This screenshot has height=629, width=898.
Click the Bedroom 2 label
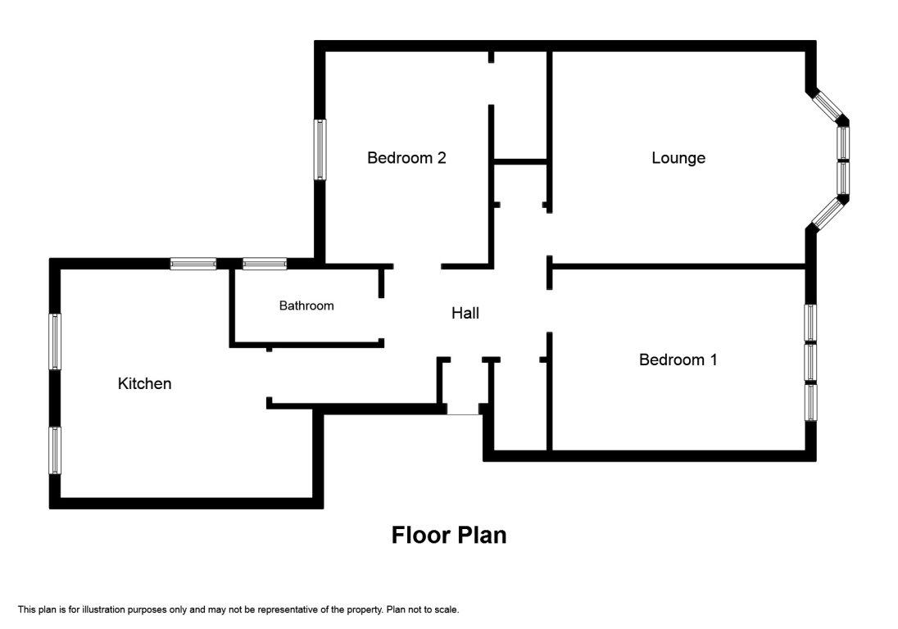tap(406, 158)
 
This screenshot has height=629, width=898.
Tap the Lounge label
tap(678, 158)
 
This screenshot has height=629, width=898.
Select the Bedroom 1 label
tap(678, 360)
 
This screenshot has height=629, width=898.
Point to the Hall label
tap(465, 313)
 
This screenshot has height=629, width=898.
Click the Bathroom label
tap(306, 306)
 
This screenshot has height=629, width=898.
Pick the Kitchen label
tap(145, 383)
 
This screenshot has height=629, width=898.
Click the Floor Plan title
tap(449, 536)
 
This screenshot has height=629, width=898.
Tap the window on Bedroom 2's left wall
tap(320, 149)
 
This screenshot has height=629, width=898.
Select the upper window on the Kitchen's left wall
tap(56, 341)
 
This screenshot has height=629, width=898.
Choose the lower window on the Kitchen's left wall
tap(56, 449)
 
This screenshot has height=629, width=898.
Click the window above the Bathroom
tap(265, 264)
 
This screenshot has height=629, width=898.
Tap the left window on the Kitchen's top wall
tap(193, 264)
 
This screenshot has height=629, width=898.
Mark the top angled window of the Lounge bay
tap(828, 105)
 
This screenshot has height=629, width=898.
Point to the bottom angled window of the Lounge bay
tap(828, 212)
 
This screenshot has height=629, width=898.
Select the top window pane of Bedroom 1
tap(810, 322)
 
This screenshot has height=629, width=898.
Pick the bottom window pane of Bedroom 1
tap(810, 402)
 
